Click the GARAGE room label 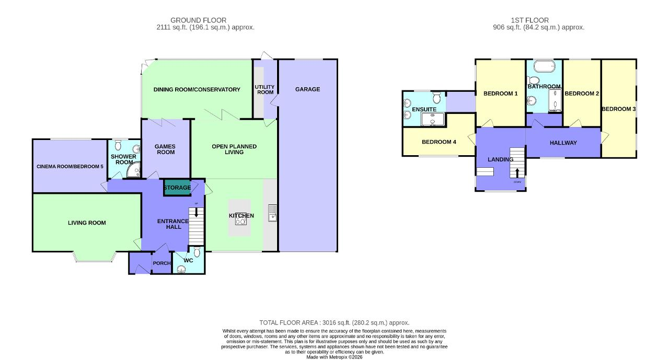307,89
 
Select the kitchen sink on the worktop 272,212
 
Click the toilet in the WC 197,252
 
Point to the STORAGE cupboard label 177,188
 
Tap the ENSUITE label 424,110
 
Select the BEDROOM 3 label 618,109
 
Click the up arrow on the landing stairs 517,173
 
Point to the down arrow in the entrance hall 197,212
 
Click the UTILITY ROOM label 264,89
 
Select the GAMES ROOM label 165,149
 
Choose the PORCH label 162,263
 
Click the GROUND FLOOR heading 205,20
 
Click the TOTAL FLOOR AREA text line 334,323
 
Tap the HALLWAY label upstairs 563,143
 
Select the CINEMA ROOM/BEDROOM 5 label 70,167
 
